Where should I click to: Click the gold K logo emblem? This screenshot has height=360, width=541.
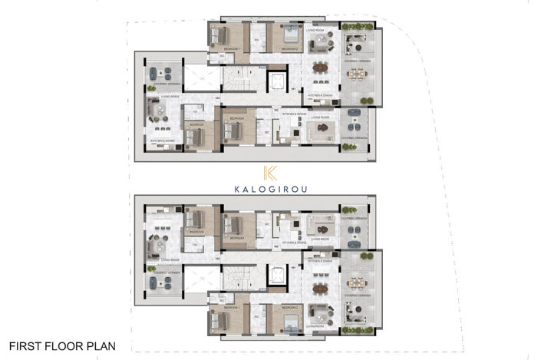click(x=270, y=174)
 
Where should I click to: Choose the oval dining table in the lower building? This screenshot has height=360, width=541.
click(x=320, y=289)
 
